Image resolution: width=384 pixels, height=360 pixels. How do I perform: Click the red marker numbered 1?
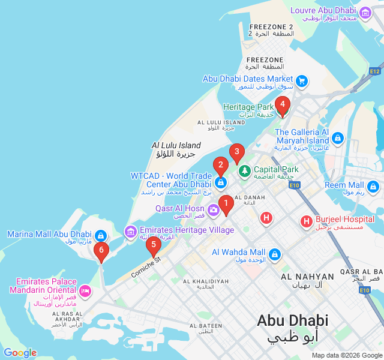226,205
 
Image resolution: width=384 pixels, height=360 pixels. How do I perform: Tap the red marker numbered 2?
220,165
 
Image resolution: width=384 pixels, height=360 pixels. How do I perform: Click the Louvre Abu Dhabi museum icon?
365,11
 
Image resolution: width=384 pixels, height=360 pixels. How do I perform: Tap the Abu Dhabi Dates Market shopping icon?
302,79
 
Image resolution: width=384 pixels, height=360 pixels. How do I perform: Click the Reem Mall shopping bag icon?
374,188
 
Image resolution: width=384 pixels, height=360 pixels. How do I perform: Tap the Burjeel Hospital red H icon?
307,222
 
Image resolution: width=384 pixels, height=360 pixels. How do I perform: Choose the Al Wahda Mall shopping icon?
274,254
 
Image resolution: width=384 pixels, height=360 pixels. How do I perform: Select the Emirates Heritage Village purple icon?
130,231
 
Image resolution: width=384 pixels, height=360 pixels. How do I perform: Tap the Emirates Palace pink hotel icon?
85,292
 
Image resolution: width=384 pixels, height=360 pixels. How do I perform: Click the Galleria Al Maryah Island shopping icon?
338,139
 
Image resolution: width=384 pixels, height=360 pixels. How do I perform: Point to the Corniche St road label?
146,267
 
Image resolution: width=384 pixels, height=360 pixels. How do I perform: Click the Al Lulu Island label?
176,145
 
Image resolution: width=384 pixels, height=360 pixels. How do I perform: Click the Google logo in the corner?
20,353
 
